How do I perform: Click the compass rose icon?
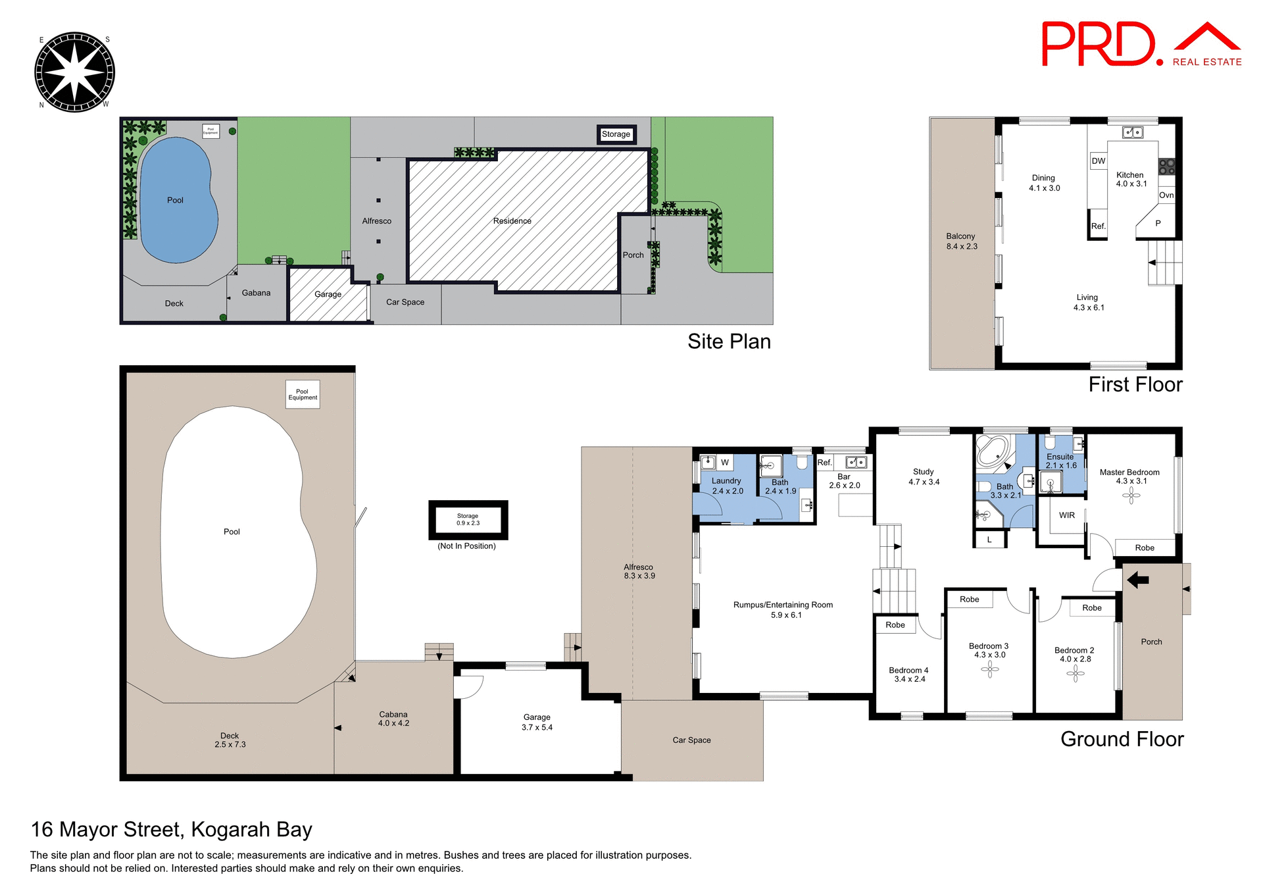[x=74, y=72]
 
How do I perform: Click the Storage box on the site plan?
[x=616, y=134]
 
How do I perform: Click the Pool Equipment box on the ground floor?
[x=303, y=394]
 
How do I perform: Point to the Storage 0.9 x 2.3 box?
[x=468, y=520]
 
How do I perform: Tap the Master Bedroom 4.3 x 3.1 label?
[x=1129, y=476]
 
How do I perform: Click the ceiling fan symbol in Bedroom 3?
[x=990, y=669]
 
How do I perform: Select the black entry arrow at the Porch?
[x=1137, y=580]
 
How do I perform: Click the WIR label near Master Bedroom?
[x=1067, y=515]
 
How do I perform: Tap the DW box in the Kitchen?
[x=1099, y=161]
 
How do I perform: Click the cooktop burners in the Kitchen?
[x=1167, y=166]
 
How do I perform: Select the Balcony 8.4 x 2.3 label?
[x=961, y=241]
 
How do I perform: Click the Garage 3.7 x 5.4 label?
[x=537, y=722]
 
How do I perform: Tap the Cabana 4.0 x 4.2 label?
[x=393, y=719]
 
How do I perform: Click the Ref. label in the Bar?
[x=824, y=463]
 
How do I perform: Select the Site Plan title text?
[x=729, y=342]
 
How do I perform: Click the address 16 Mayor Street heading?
[x=172, y=829]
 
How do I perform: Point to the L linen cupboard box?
[x=989, y=540]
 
